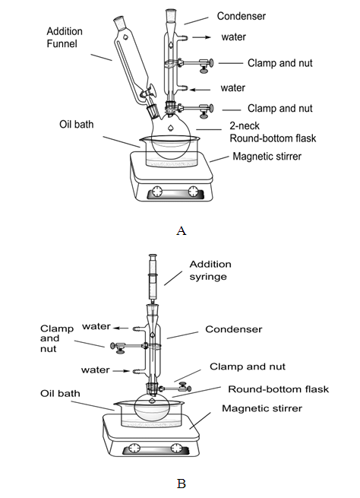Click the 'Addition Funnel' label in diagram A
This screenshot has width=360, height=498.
[65, 37]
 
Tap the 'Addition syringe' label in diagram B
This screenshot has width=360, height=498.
[210, 270]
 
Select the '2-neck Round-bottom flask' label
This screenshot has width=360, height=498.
[273, 132]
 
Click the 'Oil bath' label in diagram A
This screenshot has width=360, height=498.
[77, 124]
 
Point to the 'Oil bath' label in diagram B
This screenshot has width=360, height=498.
[60, 394]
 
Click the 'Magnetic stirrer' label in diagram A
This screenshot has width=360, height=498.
[267, 157]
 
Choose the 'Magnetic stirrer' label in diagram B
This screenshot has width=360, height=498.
[262, 408]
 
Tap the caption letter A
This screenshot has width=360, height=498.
[181, 230]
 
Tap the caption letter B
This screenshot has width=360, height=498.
[181, 484]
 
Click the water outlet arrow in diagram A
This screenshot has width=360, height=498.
[201, 37]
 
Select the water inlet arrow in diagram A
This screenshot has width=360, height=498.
[200, 90]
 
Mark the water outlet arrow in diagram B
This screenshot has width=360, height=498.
[122, 328]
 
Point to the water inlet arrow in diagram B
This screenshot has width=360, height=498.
[122, 370]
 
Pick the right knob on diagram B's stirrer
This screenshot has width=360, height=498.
[176, 448]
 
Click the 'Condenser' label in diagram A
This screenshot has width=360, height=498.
[242, 16]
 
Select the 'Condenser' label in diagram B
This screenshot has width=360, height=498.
[234, 329]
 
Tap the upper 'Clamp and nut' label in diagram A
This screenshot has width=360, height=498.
[280, 63]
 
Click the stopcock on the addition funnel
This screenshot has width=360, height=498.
[148, 93]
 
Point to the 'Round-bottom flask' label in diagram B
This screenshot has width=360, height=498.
[279, 389]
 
